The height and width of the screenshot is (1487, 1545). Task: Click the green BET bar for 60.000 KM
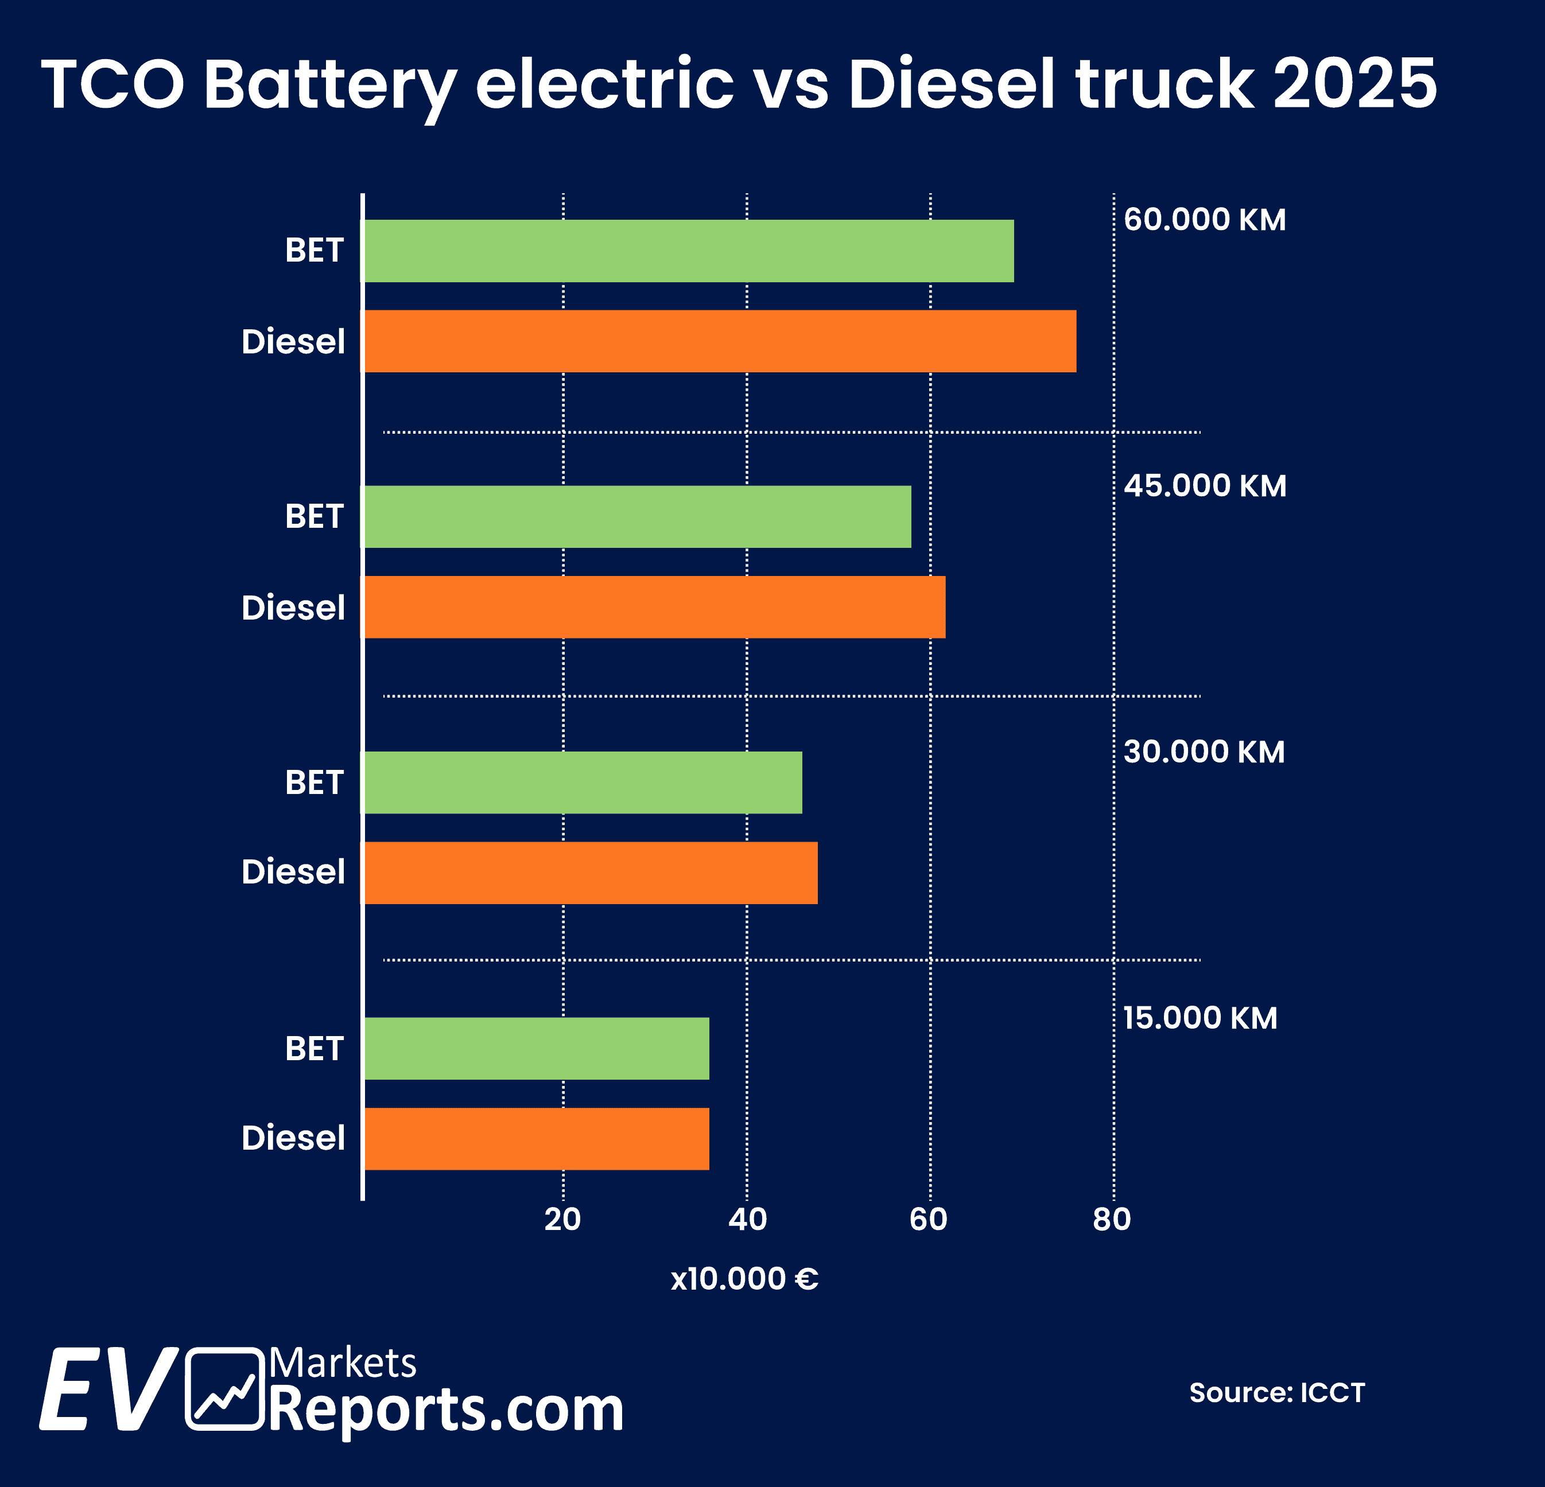click(x=688, y=251)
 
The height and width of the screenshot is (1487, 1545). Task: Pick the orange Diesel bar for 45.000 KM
click(x=654, y=607)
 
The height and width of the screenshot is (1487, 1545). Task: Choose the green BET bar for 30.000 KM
click(x=583, y=782)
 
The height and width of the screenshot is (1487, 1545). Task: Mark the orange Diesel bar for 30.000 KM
click(x=589, y=873)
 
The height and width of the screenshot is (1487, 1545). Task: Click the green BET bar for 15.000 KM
click(x=536, y=1048)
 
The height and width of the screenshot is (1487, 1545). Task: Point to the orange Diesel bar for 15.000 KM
click(x=536, y=1139)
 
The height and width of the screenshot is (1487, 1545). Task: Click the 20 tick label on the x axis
click(x=563, y=1219)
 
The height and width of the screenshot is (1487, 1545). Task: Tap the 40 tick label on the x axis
click(x=747, y=1219)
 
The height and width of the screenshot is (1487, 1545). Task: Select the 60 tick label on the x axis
click(x=929, y=1219)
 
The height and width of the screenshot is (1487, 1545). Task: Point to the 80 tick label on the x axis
click(x=1112, y=1219)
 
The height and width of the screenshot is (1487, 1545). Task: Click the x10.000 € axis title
click(x=744, y=1279)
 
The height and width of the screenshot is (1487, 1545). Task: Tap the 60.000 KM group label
click(x=1205, y=220)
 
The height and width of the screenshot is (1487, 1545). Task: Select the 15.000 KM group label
click(x=1199, y=1018)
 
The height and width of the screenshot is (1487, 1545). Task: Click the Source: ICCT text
click(x=1277, y=1392)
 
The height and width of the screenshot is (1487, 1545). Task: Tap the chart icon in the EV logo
click(x=224, y=1388)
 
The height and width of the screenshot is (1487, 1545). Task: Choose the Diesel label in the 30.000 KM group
click(x=293, y=873)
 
